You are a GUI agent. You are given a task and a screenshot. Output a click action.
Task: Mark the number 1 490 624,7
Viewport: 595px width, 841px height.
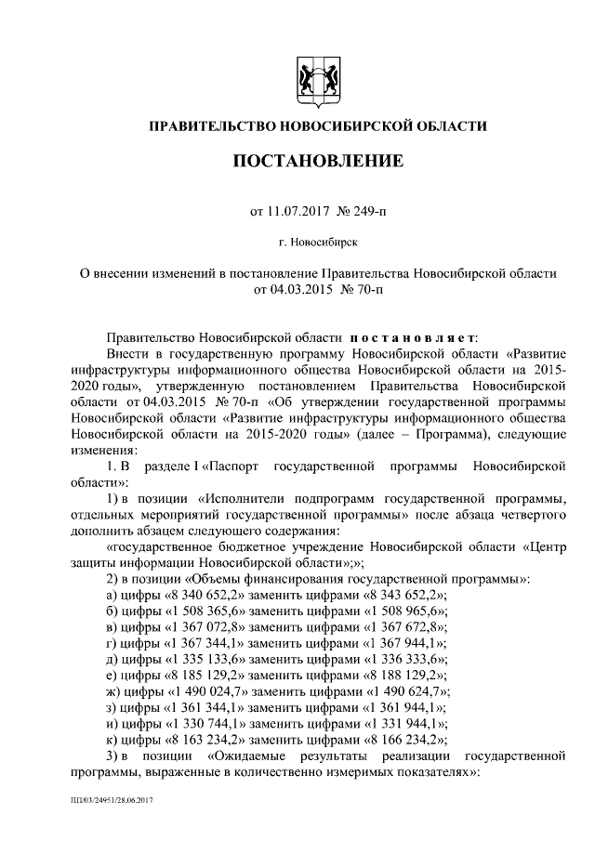tap(401, 692)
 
